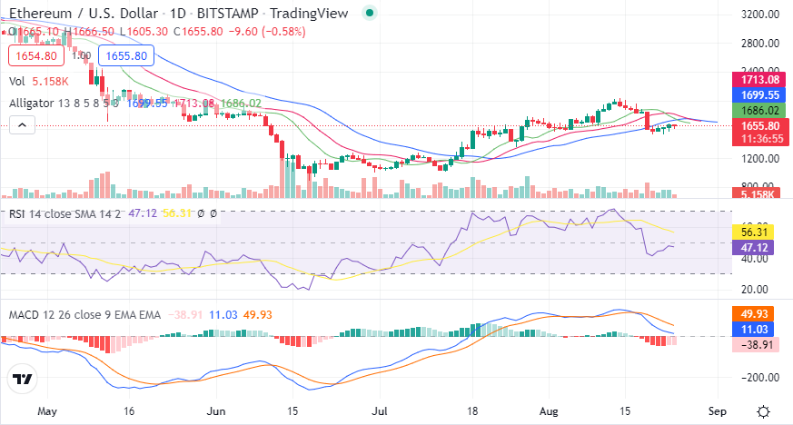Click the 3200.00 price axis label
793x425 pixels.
(x=760, y=15)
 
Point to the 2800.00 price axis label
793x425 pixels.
(x=760, y=43)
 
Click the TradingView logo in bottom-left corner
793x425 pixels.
(x=24, y=380)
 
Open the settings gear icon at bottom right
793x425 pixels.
(x=765, y=410)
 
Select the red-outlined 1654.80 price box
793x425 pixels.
(x=35, y=56)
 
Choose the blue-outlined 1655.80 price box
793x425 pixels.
(x=125, y=56)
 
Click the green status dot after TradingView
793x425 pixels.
(x=368, y=13)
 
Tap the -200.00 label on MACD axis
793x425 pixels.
(x=760, y=378)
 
